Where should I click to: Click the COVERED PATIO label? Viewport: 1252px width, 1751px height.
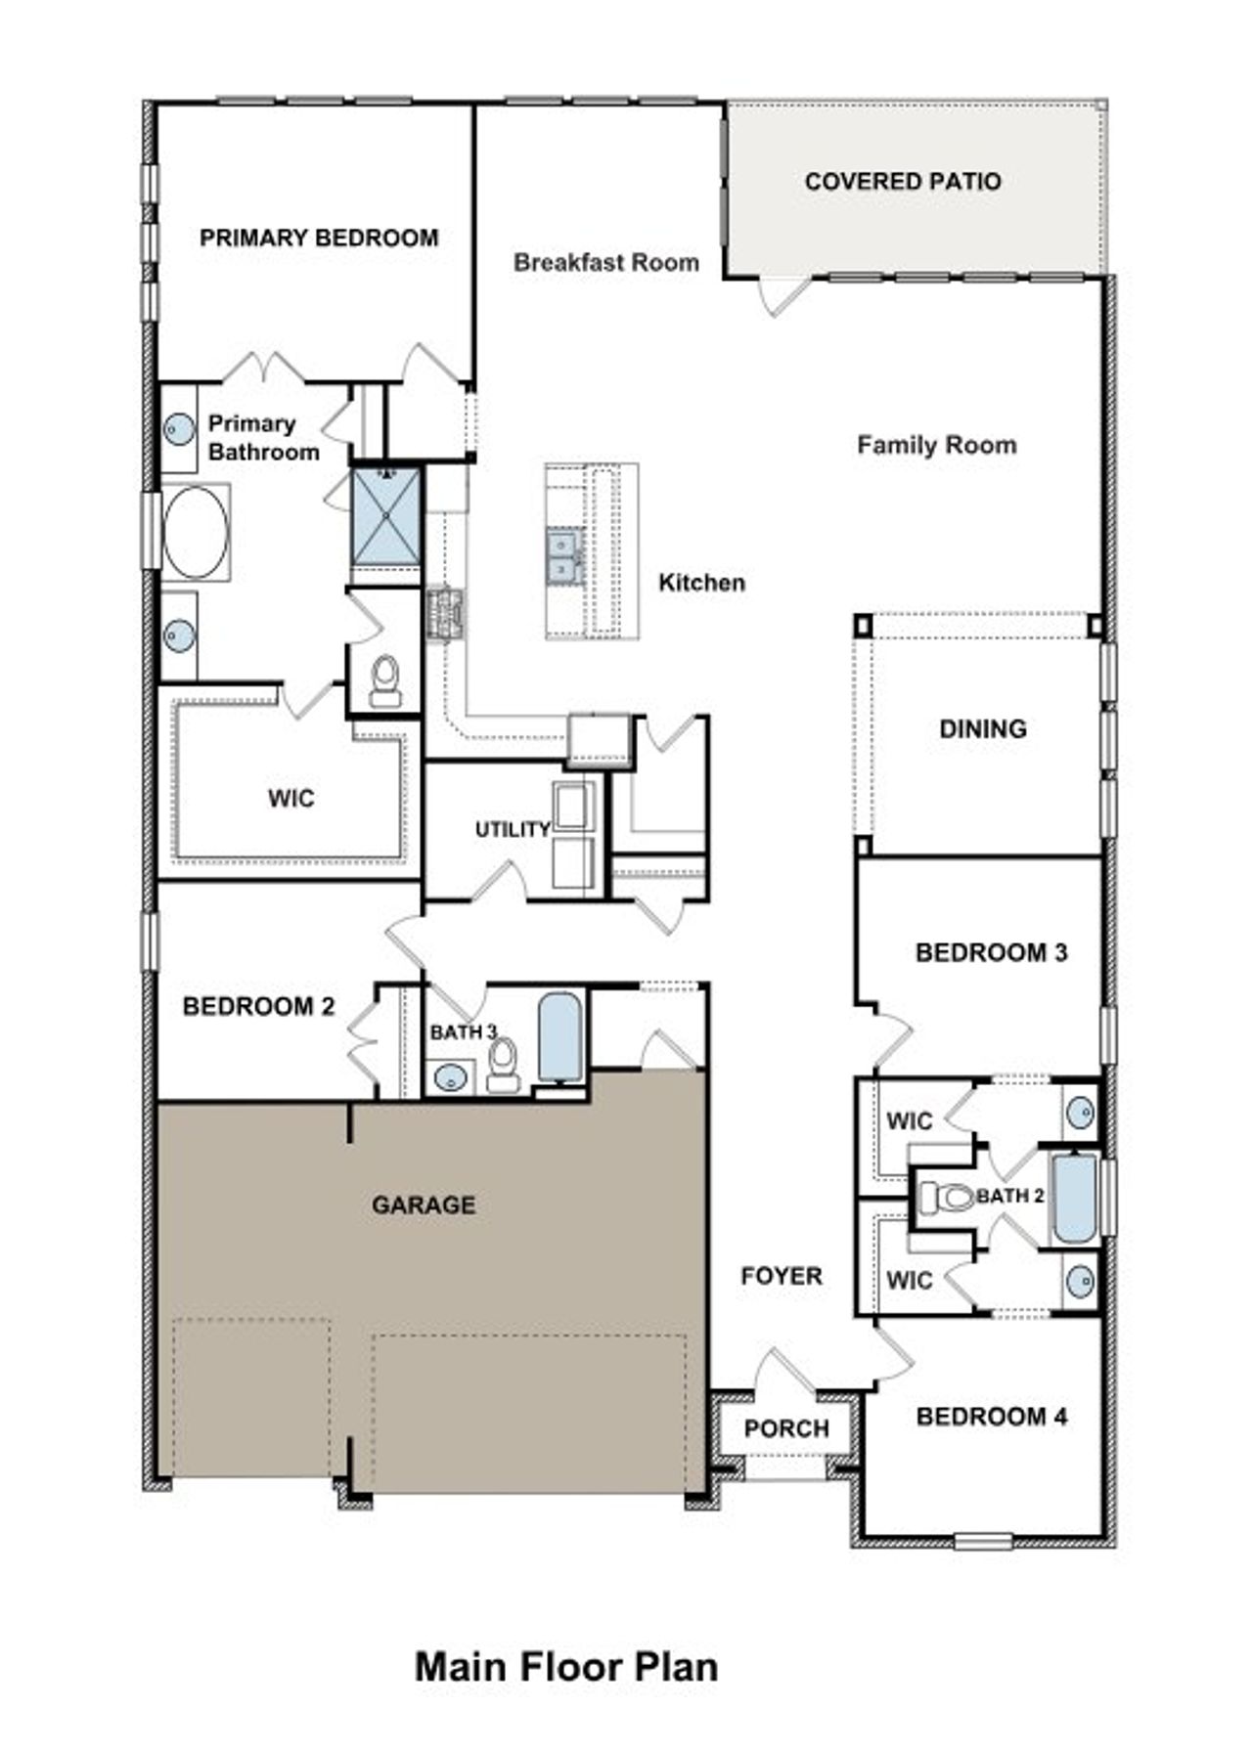tap(902, 182)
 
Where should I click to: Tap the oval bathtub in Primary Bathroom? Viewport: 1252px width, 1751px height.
tap(196, 533)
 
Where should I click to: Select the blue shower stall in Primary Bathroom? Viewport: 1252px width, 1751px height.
tap(385, 517)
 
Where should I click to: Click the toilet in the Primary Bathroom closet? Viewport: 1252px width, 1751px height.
tap(385, 680)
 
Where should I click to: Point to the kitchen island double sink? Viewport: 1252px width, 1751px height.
tap(563, 555)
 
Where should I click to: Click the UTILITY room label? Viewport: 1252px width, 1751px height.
tap(512, 830)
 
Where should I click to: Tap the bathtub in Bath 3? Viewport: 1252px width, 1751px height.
tap(559, 1036)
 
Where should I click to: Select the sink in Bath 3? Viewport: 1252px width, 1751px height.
tap(449, 1078)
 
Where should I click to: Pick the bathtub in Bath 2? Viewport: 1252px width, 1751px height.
tap(1075, 1199)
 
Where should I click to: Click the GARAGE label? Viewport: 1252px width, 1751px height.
tap(423, 1205)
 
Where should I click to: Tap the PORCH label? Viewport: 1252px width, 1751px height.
tap(785, 1428)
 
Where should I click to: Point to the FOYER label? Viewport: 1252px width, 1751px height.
tap(781, 1276)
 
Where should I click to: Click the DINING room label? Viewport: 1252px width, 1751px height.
tap(982, 728)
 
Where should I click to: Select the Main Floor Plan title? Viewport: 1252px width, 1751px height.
tap(566, 1667)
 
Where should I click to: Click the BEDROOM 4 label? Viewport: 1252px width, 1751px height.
tap(991, 1417)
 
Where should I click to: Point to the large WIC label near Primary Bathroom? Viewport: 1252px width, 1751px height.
tap(291, 799)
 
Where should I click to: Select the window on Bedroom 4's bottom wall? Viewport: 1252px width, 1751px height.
tap(982, 1542)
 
